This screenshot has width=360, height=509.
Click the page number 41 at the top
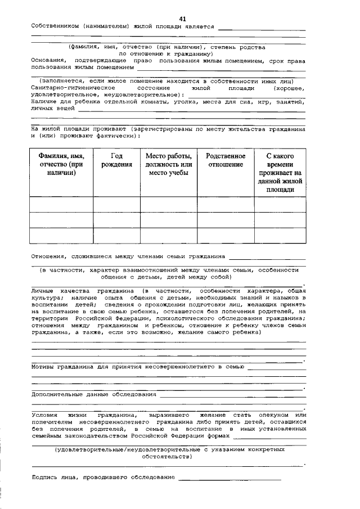(x=183, y=19)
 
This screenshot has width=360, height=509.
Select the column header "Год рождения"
(x=116, y=160)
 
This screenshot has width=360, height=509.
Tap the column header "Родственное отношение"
(x=226, y=160)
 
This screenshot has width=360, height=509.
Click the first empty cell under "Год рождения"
(x=116, y=204)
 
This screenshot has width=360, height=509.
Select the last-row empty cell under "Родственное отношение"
(x=226, y=235)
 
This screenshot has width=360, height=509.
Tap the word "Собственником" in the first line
(x=53, y=26)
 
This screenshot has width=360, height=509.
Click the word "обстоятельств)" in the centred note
(x=169, y=457)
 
